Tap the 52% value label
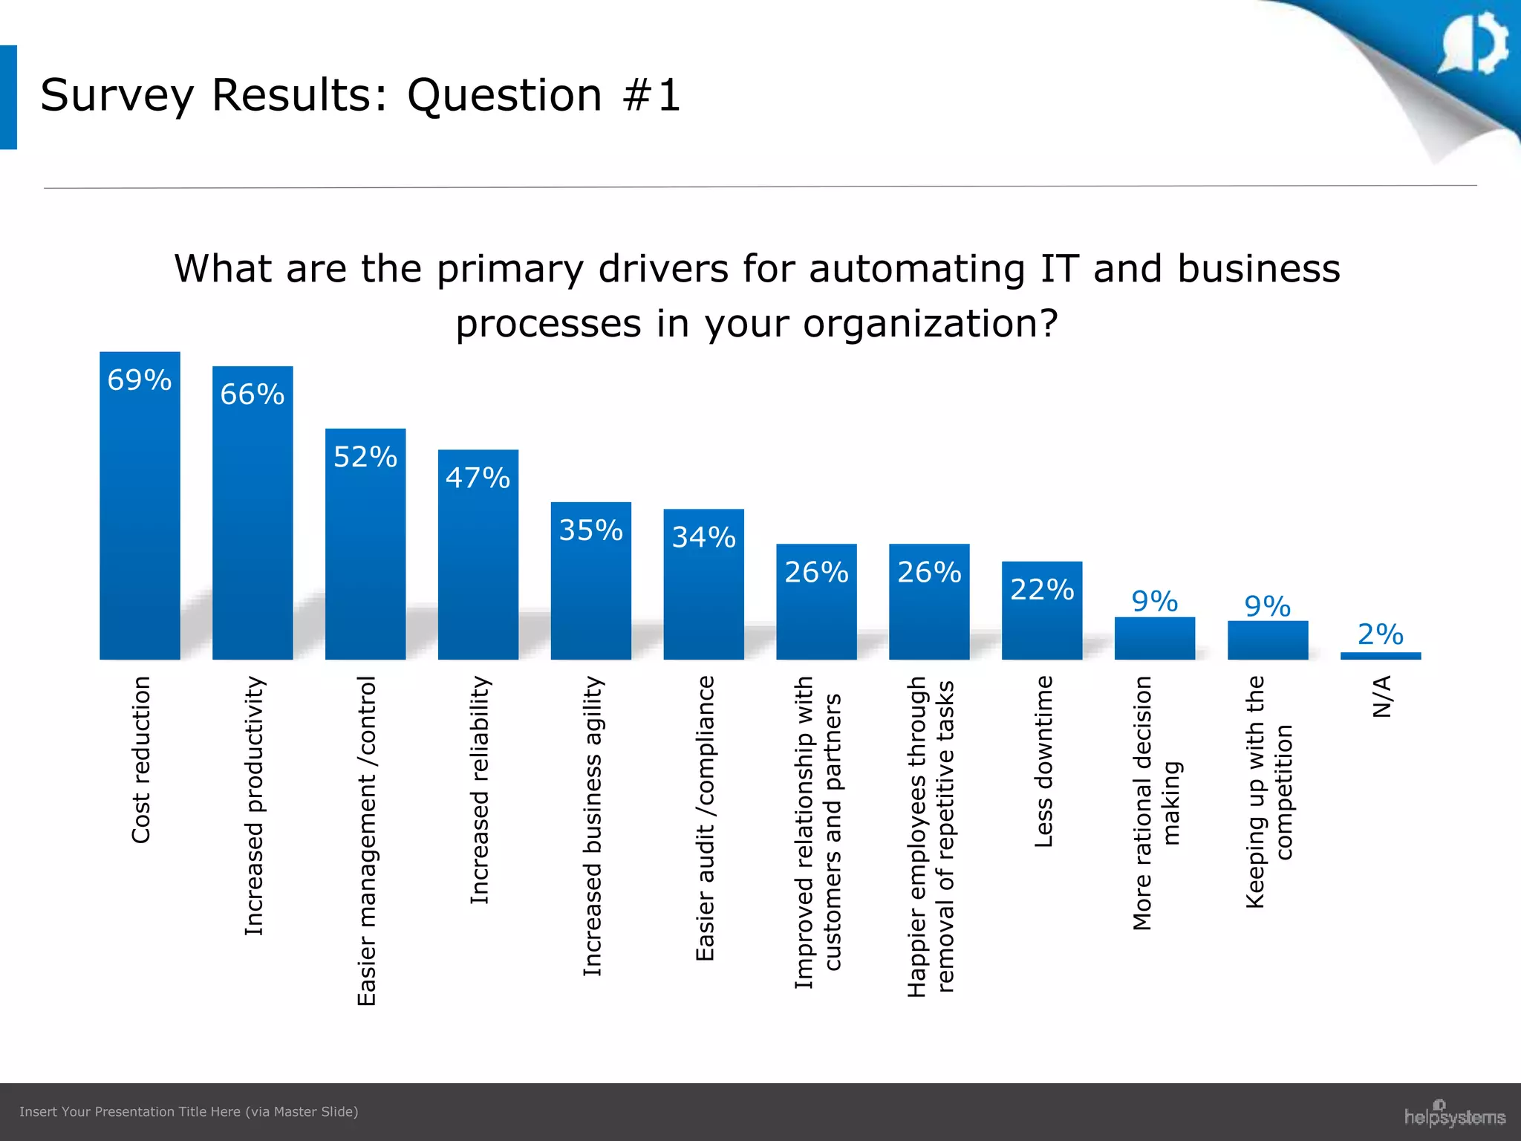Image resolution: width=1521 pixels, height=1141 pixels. (365, 457)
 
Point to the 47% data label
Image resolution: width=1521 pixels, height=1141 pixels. (478, 478)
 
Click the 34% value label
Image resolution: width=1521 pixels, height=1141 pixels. (703, 537)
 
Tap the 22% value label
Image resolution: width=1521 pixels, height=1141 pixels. (1042, 590)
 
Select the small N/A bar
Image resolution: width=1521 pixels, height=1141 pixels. (1380, 656)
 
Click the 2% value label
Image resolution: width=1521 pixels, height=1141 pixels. (1380, 634)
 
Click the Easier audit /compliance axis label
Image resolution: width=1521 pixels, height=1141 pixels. (705, 818)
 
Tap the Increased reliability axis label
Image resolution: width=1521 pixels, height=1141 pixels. (480, 790)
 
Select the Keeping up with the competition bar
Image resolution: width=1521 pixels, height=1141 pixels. (1267, 640)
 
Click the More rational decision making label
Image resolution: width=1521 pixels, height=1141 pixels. (1156, 802)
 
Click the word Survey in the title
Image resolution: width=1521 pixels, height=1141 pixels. (117, 95)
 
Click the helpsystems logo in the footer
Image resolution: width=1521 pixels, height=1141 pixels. (1454, 1116)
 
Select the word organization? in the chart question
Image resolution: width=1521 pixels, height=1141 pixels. (930, 324)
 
